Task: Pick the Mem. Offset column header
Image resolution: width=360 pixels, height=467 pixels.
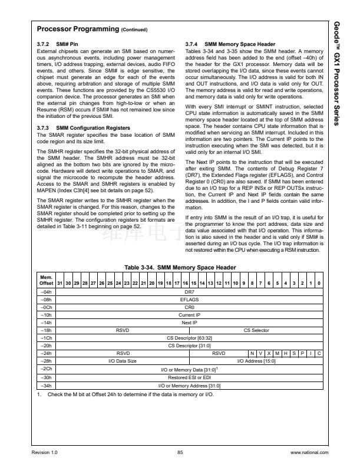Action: pos(45,281)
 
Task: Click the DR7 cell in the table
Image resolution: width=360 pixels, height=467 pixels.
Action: pos(189,291)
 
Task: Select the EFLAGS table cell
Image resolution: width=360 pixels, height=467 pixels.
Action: pos(189,299)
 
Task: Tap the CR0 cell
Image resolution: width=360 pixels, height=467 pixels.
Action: pos(189,307)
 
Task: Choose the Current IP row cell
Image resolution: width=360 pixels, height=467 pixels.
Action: pos(189,315)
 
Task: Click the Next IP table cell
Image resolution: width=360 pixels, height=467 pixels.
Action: pos(189,323)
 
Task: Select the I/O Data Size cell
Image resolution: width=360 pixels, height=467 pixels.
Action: pos(122,360)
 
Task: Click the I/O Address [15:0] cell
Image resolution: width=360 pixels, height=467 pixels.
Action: pos(256,360)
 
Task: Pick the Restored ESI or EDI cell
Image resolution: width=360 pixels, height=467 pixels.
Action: pos(189,377)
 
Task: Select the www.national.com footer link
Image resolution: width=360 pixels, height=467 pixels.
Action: pos(309,452)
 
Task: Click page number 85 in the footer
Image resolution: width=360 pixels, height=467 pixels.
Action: pos(180,452)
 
